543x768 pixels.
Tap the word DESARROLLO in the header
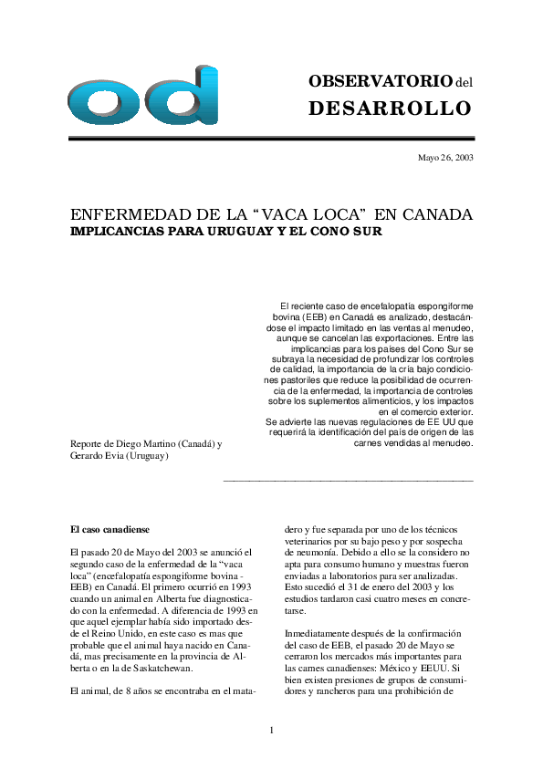coord(391,109)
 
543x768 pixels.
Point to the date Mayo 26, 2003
coord(445,158)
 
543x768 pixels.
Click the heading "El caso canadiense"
coord(110,529)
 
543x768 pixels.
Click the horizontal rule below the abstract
coord(348,480)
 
